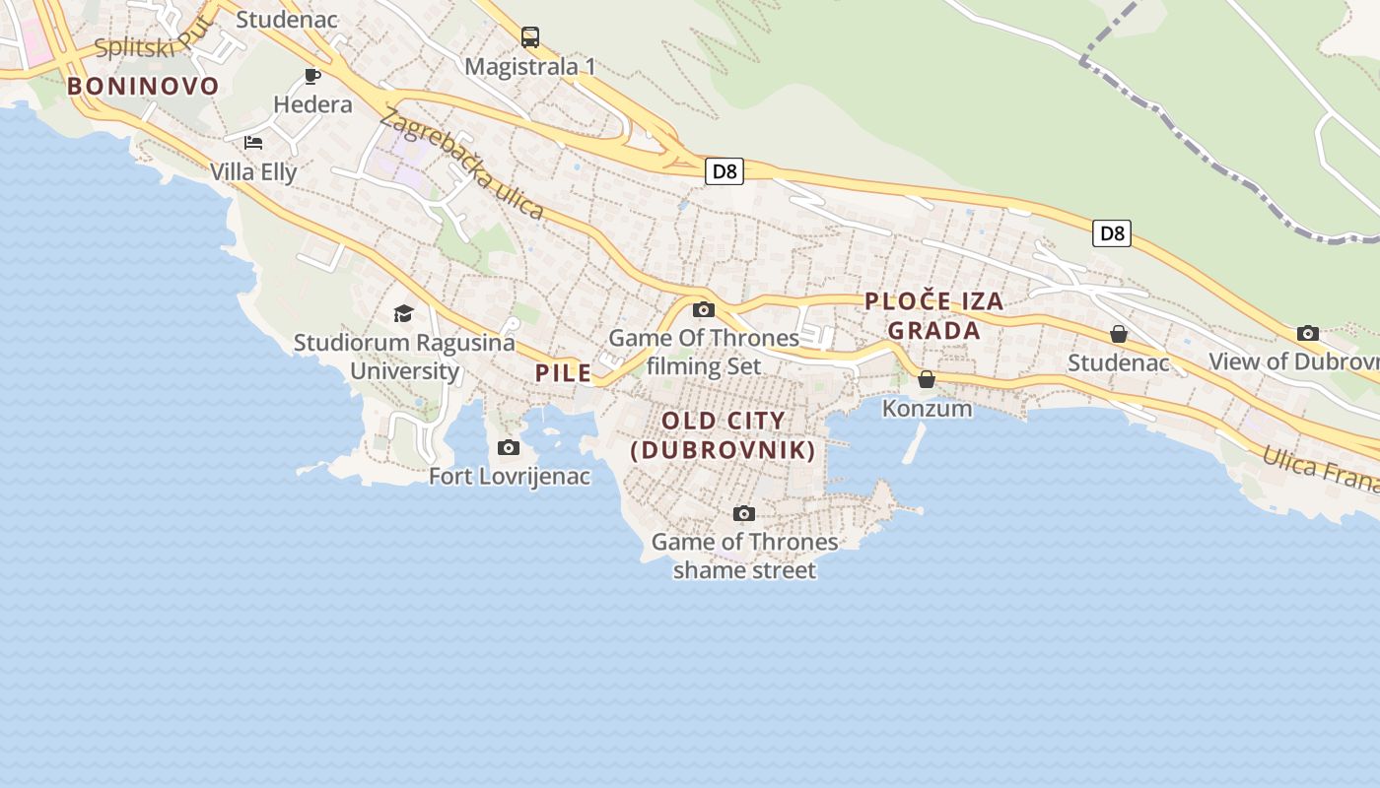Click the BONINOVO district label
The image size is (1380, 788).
tap(143, 86)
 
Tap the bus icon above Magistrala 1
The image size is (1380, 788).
tap(530, 37)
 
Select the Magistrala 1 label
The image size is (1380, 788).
tap(530, 67)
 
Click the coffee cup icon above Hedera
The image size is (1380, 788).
tap(312, 76)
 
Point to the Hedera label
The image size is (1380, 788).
tap(312, 104)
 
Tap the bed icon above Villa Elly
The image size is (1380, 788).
tap(253, 143)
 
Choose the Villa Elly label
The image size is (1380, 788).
tap(253, 172)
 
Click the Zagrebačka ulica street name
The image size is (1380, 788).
tap(461, 164)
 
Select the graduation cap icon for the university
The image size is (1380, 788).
tap(403, 313)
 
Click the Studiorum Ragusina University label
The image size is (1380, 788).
tap(404, 357)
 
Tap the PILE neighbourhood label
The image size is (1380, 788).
tap(564, 373)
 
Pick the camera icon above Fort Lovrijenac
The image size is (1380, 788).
tap(509, 448)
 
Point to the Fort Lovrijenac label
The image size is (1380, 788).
tap(510, 477)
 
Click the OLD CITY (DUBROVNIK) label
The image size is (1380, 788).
tap(724, 435)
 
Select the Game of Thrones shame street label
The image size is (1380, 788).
tap(744, 556)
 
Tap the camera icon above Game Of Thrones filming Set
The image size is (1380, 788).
tap(704, 309)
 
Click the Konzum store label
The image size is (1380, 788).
tap(927, 408)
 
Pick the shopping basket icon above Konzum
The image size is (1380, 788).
tap(927, 379)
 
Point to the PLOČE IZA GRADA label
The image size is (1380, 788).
tap(933, 315)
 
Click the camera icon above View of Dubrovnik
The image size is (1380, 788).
tap(1308, 333)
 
